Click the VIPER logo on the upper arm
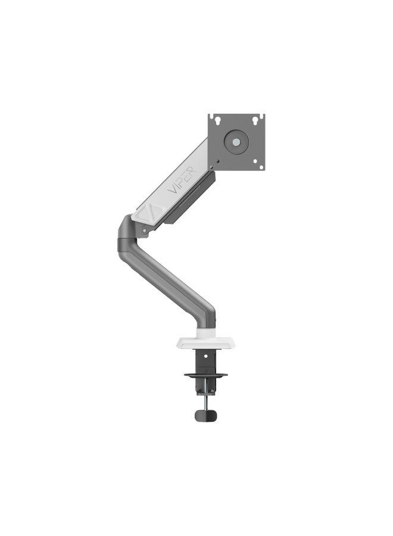coord(182,180)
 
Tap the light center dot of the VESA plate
coord(236,142)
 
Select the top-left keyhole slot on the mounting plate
coord(217,120)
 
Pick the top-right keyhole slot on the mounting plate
coord(255,120)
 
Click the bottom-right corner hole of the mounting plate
coord(261,167)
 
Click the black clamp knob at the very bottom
coord(205,415)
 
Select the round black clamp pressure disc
coord(205,375)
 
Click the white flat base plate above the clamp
coord(205,342)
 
